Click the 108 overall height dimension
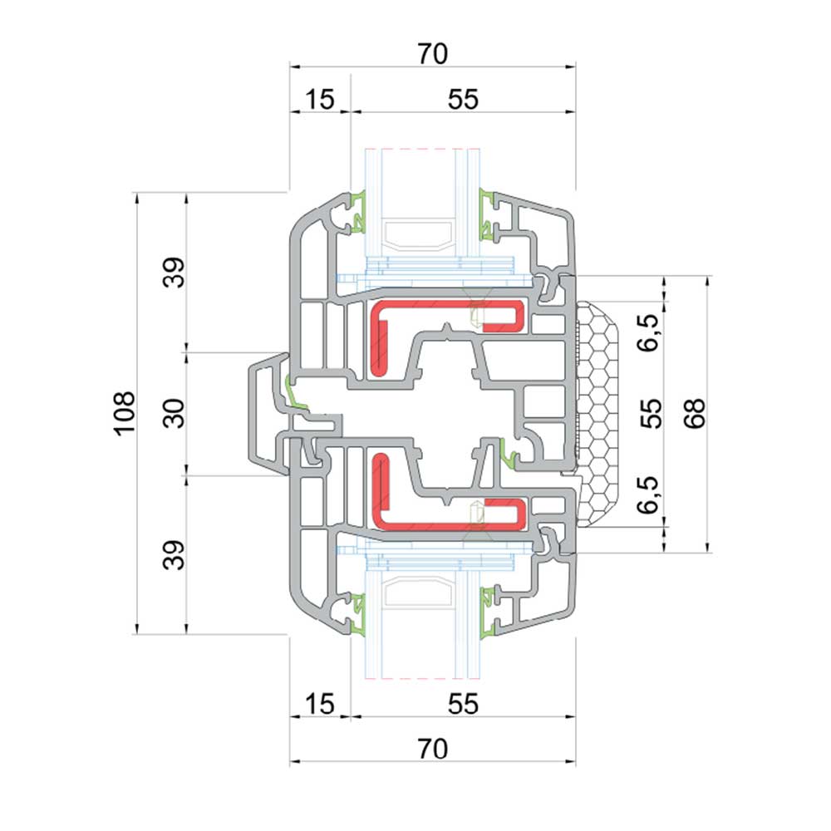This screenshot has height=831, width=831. pos(125,413)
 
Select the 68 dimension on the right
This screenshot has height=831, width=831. pos(694,413)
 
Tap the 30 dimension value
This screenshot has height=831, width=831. pos(174,413)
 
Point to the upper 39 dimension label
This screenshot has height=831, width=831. pos(174,273)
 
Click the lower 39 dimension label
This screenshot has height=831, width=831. pos(174,555)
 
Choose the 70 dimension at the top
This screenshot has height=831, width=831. pos(432,53)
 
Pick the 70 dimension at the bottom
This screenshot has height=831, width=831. pos(432,749)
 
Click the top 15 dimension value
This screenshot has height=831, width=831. pos(320,99)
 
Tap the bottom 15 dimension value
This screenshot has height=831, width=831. pos(320,705)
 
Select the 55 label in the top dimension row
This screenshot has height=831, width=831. pos(463,99)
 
